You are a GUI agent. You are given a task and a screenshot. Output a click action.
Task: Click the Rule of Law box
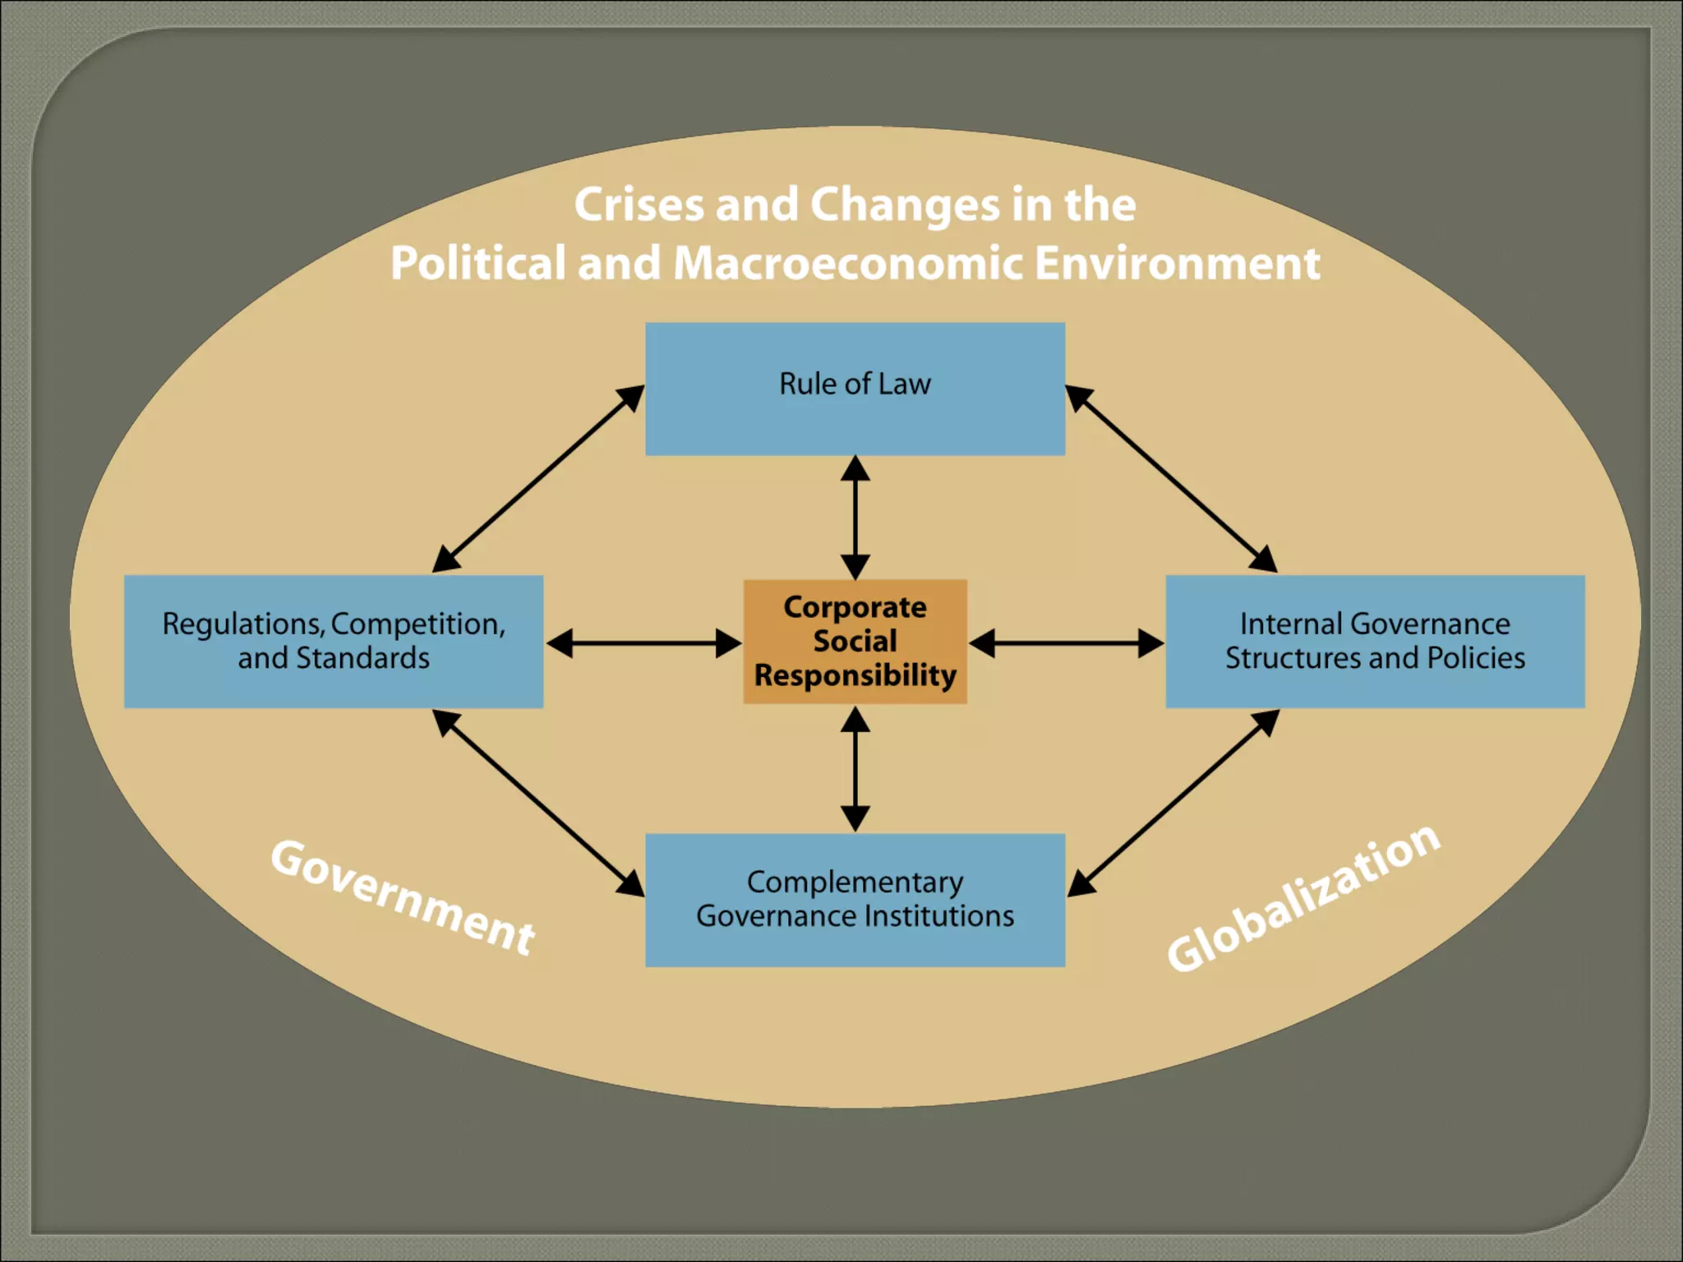click(x=855, y=389)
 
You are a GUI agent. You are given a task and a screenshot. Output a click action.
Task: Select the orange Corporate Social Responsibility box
click(x=855, y=642)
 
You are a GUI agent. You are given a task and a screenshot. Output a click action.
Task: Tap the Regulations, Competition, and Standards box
click(x=334, y=642)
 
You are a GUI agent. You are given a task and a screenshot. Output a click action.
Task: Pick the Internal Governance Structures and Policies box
click(x=1375, y=642)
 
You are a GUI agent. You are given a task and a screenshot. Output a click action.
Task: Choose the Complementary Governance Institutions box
click(x=855, y=900)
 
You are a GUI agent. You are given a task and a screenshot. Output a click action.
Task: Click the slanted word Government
click(x=403, y=897)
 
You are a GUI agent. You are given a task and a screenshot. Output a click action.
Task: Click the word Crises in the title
click(x=639, y=205)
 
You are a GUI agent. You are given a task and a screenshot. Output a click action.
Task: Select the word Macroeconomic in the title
click(x=847, y=264)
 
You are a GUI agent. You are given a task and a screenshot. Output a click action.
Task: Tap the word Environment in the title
click(x=1177, y=264)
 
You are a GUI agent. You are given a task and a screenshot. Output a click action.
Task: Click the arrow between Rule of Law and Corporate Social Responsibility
click(x=855, y=518)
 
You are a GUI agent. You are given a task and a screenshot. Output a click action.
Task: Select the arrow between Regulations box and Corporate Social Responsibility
click(x=643, y=643)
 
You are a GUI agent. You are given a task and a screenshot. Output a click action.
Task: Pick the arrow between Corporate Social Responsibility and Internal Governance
click(x=1066, y=643)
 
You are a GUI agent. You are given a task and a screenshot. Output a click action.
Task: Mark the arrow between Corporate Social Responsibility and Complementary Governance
click(x=855, y=769)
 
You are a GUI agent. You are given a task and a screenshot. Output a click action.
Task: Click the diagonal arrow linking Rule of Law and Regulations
click(x=538, y=478)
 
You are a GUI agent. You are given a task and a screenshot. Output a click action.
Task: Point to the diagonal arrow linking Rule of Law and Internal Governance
click(x=1171, y=478)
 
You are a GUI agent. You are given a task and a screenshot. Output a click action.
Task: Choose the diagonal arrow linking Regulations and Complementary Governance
click(x=538, y=803)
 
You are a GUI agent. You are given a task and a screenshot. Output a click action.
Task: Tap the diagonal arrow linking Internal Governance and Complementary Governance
click(x=1173, y=803)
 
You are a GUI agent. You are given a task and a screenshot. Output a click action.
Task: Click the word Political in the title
click(x=477, y=264)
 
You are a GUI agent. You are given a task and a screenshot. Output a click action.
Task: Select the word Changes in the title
click(x=905, y=205)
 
